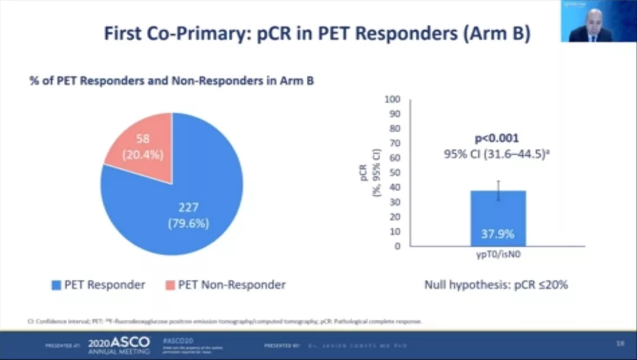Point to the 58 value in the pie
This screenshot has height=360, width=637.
click(142, 139)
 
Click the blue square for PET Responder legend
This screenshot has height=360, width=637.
click(57, 285)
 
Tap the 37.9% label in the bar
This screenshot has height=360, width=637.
click(498, 234)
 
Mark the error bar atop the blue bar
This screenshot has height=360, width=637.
click(498, 190)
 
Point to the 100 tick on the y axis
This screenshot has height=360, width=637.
click(392, 100)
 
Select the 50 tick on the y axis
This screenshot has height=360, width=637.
click(394, 173)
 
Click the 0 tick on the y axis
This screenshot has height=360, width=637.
click(397, 246)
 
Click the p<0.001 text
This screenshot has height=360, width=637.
click(497, 139)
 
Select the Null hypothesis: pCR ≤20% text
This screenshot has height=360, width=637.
click(496, 285)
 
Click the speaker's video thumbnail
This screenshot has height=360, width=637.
click(598, 21)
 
